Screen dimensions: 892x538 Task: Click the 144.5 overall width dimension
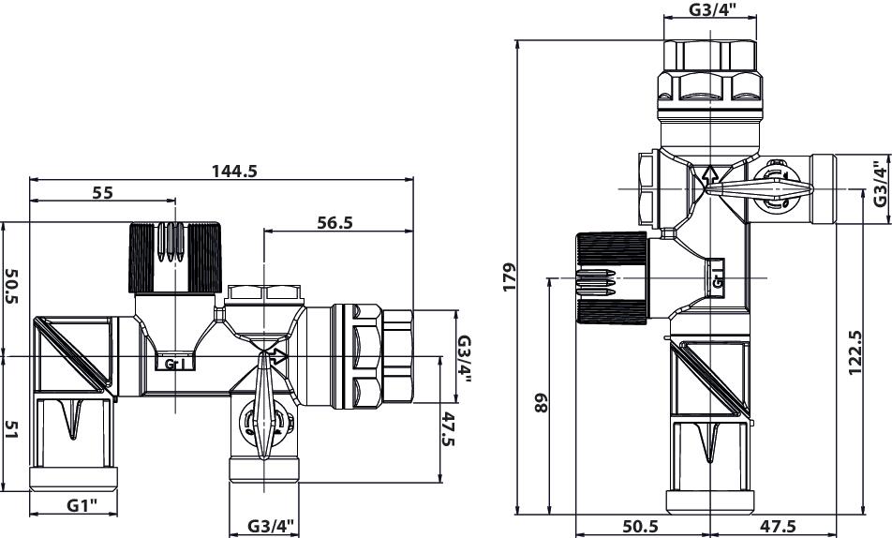pyautogui.click(x=234, y=171)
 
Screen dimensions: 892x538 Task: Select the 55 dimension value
pyautogui.click(x=103, y=192)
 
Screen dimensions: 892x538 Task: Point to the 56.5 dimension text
pyautogui.click(x=335, y=222)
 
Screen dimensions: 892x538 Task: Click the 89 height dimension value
pyautogui.click(x=542, y=403)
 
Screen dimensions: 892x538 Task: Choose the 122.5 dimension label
pyautogui.click(x=855, y=353)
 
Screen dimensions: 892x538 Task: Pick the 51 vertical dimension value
pyautogui.click(x=11, y=428)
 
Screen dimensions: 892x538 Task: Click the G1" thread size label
pyautogui.click(x=82, y=505)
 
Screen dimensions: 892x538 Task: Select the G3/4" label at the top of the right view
pyautogui.click(x=712, y=9)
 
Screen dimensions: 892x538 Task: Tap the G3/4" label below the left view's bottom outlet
pyautogui.click(x=271, y=526)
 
